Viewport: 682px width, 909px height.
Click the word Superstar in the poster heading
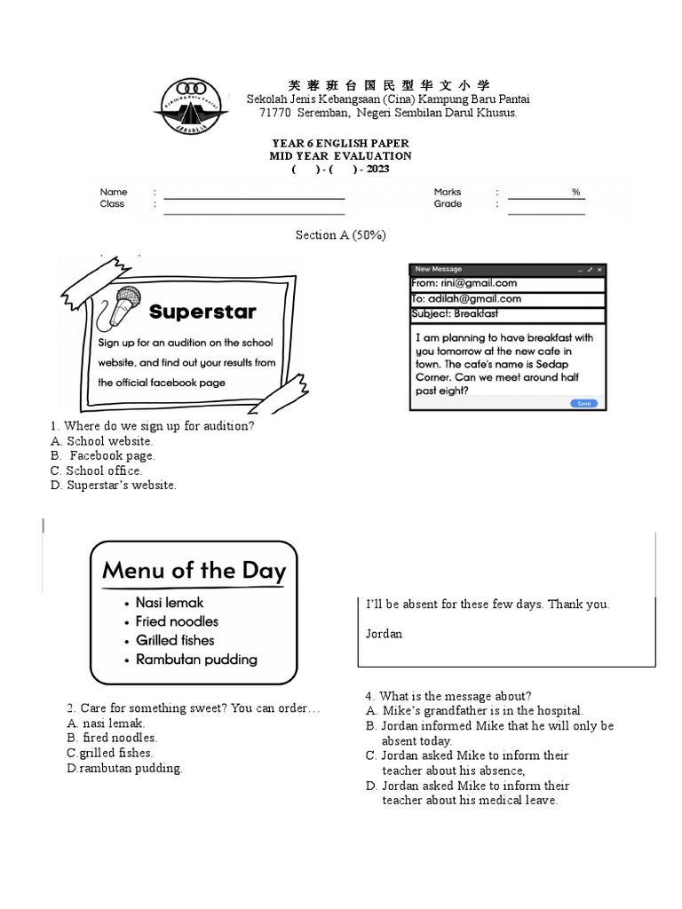coord(202,312)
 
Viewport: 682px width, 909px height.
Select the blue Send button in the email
coord(583,403)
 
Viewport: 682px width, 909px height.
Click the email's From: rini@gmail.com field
coord(507,283)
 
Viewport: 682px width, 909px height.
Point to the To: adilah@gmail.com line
coord(507,299)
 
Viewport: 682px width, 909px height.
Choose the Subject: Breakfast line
coord(507,314)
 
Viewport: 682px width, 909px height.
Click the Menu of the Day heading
coord(194,570)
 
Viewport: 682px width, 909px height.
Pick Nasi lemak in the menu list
coord(169,603)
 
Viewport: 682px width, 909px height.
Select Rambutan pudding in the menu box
coord(195,660)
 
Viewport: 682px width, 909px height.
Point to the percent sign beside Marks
coord(575,192)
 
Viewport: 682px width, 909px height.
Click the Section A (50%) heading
coord(340,235)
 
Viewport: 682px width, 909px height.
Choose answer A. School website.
coord(102,441)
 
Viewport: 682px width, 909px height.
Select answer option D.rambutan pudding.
coord(124,769)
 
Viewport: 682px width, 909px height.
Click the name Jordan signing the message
coord(385,634)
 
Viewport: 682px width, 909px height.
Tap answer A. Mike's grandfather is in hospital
coord(474,711)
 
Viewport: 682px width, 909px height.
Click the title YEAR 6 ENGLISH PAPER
coord(340,144)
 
